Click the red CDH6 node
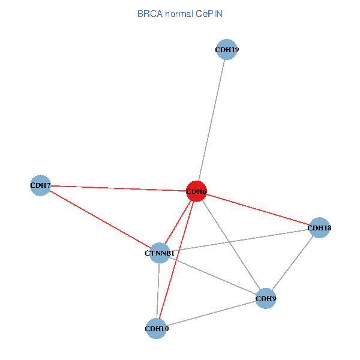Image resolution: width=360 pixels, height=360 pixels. (196, 191)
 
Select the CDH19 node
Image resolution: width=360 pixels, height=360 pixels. (227, 49)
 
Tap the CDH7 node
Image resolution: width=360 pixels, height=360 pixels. (40, 185)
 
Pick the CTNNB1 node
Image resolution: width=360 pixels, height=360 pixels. (160, 253)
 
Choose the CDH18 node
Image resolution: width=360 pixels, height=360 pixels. (319, 228)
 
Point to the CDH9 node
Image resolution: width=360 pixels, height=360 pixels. (266, 298)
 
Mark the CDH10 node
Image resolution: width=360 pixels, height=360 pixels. (157, 329)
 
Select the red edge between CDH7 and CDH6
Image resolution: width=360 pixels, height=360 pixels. (118, 188)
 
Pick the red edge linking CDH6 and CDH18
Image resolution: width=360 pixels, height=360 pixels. (258, 209)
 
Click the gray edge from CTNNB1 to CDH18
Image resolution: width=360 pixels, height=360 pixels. (239, 241)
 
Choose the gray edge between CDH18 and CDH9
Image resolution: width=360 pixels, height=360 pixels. (293, 263)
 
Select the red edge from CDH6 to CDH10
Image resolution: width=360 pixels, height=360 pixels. (176, 260)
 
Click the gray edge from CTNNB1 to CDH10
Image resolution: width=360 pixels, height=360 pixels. (158, 290)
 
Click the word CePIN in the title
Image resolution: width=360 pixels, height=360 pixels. (209, 14)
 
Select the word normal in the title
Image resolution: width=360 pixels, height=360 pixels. (179, 14)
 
